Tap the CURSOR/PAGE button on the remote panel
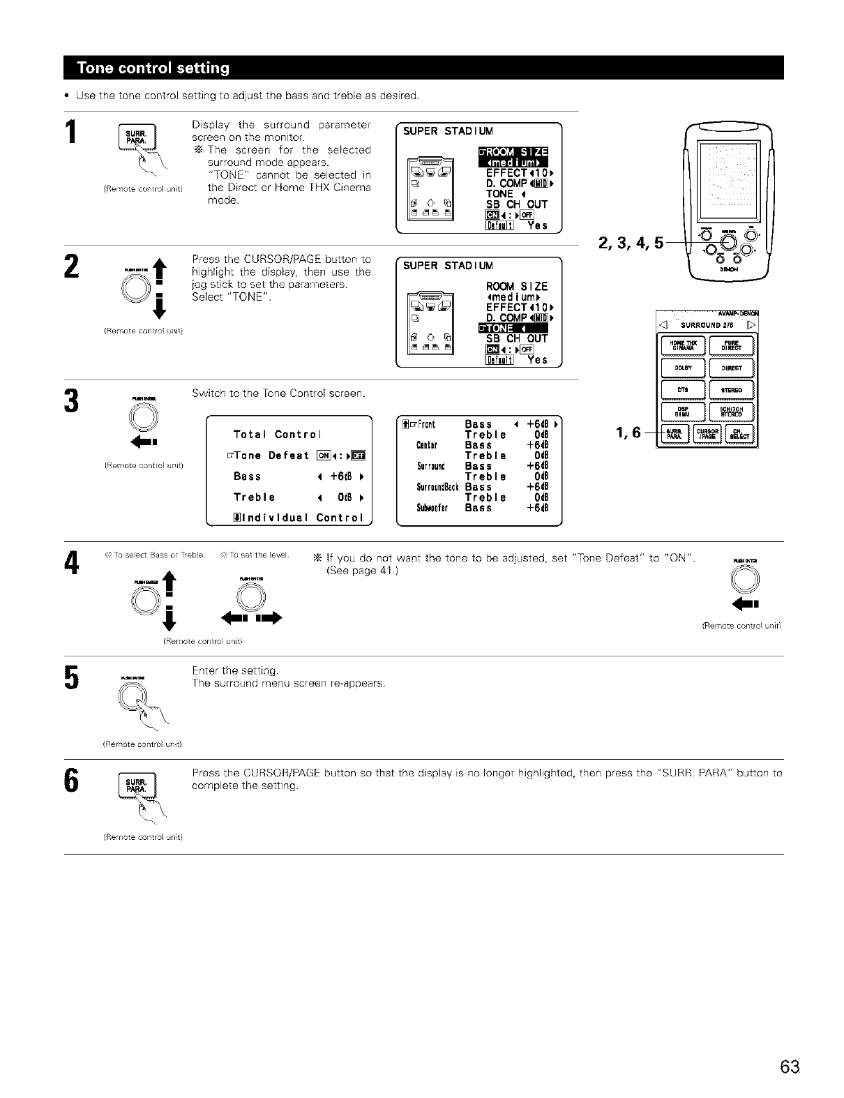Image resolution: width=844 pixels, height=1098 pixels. pos(708,435)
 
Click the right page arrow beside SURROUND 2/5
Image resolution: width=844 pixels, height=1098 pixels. pos(751,324)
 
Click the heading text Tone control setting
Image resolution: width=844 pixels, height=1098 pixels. pos(153,68)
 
